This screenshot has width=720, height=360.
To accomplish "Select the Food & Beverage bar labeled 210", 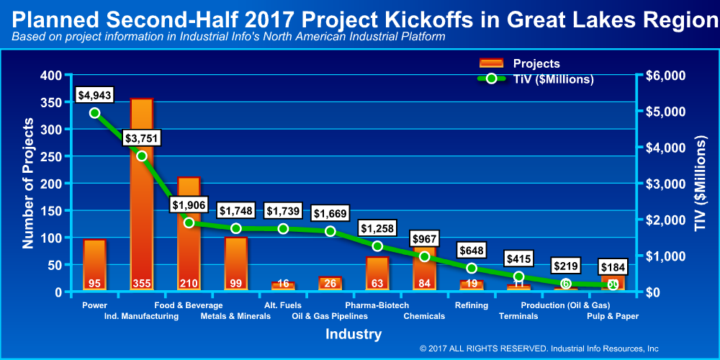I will (189, 238).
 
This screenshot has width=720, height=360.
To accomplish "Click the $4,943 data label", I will (95, 94).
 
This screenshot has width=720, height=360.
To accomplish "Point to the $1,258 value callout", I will (377, 228).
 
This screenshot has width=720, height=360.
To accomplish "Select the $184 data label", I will (613, 267).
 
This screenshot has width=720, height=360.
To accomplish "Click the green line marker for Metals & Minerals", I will (236, 228).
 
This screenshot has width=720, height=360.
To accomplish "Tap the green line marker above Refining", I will (472, 268).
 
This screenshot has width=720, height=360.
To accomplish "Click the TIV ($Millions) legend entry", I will (536, 79).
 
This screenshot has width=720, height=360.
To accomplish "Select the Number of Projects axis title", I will (28, 184).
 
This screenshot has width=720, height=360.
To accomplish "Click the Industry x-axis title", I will (354, 334).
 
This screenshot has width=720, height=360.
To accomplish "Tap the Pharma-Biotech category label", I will (377, 305).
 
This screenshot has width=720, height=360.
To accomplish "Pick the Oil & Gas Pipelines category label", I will (330, 315).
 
